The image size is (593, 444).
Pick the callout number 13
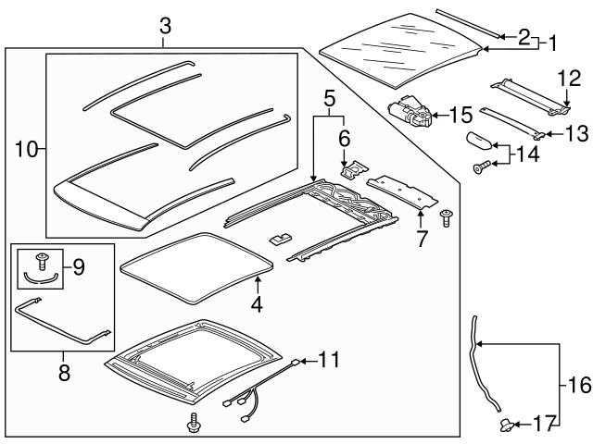tap(575, 133)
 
